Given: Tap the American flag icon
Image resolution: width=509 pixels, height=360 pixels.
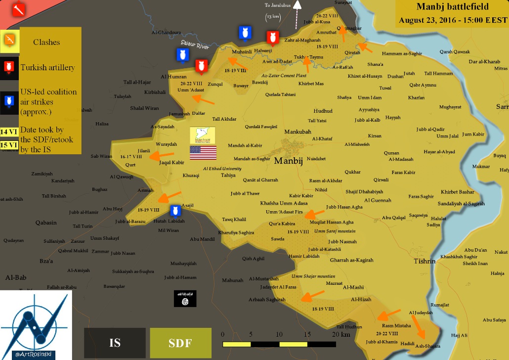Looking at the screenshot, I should pos(203,153).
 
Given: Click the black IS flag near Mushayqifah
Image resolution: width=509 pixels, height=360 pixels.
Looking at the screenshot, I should pos(185,298).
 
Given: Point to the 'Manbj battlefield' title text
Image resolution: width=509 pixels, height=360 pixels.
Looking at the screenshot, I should pos(452,7).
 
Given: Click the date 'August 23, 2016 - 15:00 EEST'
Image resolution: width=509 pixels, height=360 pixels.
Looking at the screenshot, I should pos(453,20).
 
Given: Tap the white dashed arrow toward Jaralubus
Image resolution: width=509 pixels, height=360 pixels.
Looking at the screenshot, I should pos(297,15).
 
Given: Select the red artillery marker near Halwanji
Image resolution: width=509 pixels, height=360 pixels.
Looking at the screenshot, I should pos(271,38).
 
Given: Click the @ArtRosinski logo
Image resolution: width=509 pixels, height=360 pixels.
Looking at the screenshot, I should pos(36,325).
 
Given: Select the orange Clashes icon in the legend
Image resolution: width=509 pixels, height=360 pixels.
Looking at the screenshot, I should pos(9,41).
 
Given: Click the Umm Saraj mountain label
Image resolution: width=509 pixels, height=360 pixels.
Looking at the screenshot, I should pos(335,231).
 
